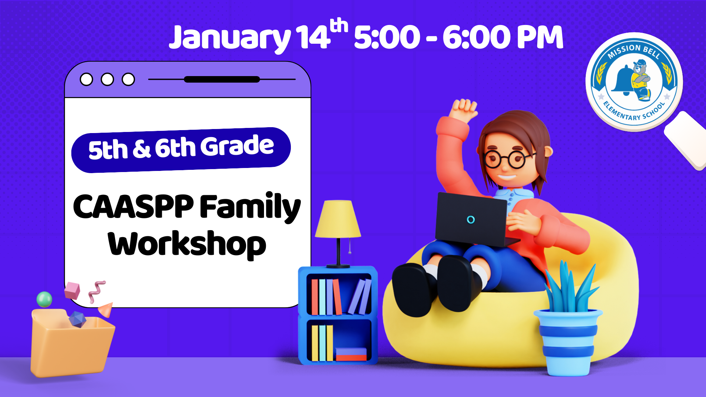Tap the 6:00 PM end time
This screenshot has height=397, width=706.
[503, 37]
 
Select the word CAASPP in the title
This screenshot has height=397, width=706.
[133, 206]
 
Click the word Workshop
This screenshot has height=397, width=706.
[187, 244]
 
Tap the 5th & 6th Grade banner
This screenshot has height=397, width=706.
[181, 150]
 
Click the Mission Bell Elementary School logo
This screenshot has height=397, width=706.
[634, 82]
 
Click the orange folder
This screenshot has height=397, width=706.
[72, 344]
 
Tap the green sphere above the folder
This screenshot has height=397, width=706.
[44, 299]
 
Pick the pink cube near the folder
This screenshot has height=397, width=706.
[72, 290]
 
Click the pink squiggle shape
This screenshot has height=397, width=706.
[97, 292]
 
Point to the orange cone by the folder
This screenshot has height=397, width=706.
[106, 310]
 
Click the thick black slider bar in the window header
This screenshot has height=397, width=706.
[222, 79]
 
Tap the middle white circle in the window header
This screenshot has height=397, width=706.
[107, 79]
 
